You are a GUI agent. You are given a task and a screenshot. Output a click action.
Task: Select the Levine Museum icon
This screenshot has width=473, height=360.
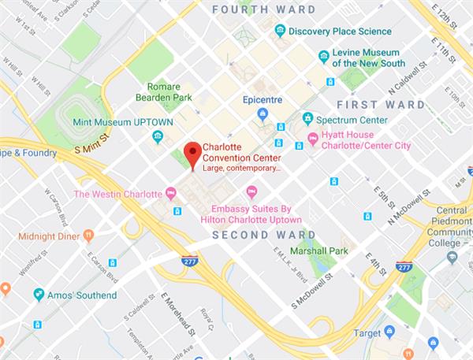click(x=323, y=57)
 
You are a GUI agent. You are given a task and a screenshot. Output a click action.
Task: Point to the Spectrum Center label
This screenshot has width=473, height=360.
click(x=352, y=120)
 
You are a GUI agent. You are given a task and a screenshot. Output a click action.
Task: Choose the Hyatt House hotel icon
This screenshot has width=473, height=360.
click(x=312, y=139)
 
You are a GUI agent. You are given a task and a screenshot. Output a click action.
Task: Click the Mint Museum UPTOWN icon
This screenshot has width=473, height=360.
click(x=158, y=137)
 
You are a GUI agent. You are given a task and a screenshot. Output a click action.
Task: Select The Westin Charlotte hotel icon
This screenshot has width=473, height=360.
click(x=170, y=194)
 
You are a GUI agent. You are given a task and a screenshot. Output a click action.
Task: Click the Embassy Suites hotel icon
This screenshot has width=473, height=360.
click(x=252, y=191)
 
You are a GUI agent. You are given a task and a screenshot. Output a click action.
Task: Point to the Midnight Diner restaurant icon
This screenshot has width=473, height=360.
click(x=88, y=235)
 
